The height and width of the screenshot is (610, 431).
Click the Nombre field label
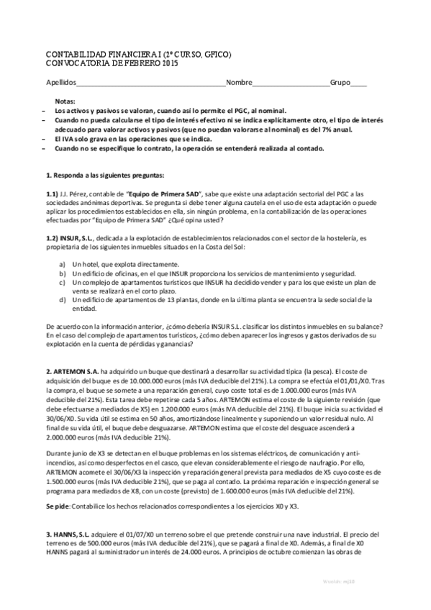[x=239, y=82]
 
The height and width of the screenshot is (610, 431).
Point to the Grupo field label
[x=341, y=82]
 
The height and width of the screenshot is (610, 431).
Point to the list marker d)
[x=63, y=298]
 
